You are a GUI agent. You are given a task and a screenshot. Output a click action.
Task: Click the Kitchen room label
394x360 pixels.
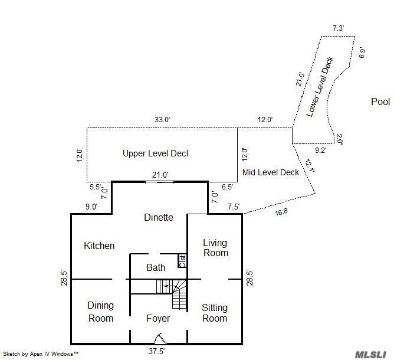[x=99, y=246]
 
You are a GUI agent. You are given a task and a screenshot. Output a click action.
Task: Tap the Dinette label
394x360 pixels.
[x=159, y=217]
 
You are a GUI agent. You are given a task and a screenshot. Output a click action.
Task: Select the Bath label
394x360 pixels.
[x=156, y=267]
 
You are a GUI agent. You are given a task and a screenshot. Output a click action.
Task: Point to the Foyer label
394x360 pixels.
[x=157, y=318]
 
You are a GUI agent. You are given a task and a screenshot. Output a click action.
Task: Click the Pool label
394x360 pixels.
[x=380, y=102]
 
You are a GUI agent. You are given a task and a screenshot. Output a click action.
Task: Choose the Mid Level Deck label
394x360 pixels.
[x=271, y=172]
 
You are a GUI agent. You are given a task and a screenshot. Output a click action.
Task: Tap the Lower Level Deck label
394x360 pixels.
[x=321, y=86]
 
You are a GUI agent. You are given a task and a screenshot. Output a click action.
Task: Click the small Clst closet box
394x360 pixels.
[x=182, y=260]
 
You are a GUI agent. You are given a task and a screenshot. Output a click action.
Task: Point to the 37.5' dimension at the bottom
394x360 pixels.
[x=156, y=350]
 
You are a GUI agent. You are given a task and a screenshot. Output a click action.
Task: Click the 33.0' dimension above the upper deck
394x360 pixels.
[x=162, y=120]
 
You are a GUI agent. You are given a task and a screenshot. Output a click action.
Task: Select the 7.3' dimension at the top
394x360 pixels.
[x=338, y=28]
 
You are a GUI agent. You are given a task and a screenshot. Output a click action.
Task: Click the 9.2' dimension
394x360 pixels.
[x=320, y=150]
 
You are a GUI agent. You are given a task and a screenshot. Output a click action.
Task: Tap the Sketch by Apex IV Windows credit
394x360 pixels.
[x=41, y=354]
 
